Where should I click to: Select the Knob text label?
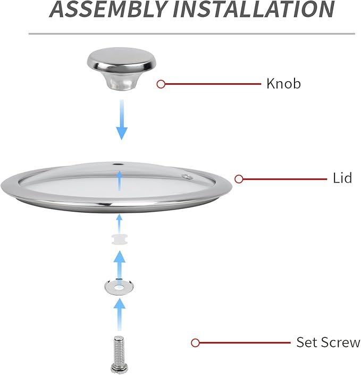pyautogui.click(x=283, y=84)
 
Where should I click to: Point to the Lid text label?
pyautogui.click(x=342, y=178)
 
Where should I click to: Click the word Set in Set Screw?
pyautogui.click(x=307, y=342)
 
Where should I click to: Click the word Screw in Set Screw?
pyautogui.click(x=340, y=342)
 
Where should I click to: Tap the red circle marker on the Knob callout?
pyautogui.click(x=161, y=84)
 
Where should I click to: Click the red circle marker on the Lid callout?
pyautogui.click(x=239, y=179)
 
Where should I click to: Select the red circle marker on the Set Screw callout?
pyautogui.click(x=195, y=343)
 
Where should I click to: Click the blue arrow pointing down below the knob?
pyautogui.click(x=122, y=119)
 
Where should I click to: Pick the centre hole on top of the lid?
pyautogui.click(x=118, y=164)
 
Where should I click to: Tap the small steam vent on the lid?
pyautogui.click(x=186, y=177)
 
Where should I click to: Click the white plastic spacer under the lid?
pyautogui.click(x=120, y=240)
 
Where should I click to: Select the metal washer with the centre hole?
pyautogui.click(x=119, y=286)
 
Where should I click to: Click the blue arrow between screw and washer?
pyautogui.click(x=119, y=315)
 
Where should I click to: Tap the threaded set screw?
pyautogui.click(x=119, y=355)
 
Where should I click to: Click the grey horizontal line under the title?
pyautogui.click(x=192, y=34)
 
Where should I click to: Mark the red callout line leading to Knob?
pyautogui.click(x=213, y=84)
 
